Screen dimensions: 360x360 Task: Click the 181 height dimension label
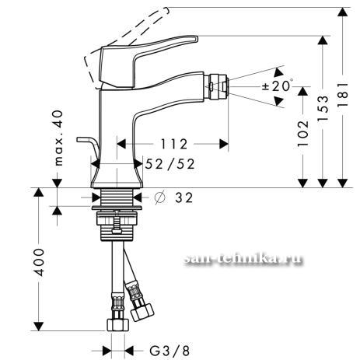coord(343,95)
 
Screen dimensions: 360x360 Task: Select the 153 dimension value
coord(323,108)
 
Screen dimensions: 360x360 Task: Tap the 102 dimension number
coord(303,134)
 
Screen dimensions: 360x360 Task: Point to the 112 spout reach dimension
coord(174,144)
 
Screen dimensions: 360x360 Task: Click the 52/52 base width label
coord(170,164)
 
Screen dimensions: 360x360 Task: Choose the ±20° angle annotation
coord(278,86)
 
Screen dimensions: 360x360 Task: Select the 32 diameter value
coord(183,197)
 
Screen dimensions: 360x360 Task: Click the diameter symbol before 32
coord(159,197)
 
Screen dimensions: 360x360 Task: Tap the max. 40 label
coord(59,138)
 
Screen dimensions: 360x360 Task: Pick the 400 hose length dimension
coord(39,262)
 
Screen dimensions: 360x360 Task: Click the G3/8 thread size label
coord(170,351)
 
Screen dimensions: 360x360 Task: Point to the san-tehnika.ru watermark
coord(243,259)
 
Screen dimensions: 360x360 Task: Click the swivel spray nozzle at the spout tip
coord(216,86)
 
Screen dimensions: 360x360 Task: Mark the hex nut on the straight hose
coord(118,325)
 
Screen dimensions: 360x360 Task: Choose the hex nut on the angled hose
coord(142,312)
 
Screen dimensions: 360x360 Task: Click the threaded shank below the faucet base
coord(117,197)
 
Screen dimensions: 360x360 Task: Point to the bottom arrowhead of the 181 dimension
coord(343,183)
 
